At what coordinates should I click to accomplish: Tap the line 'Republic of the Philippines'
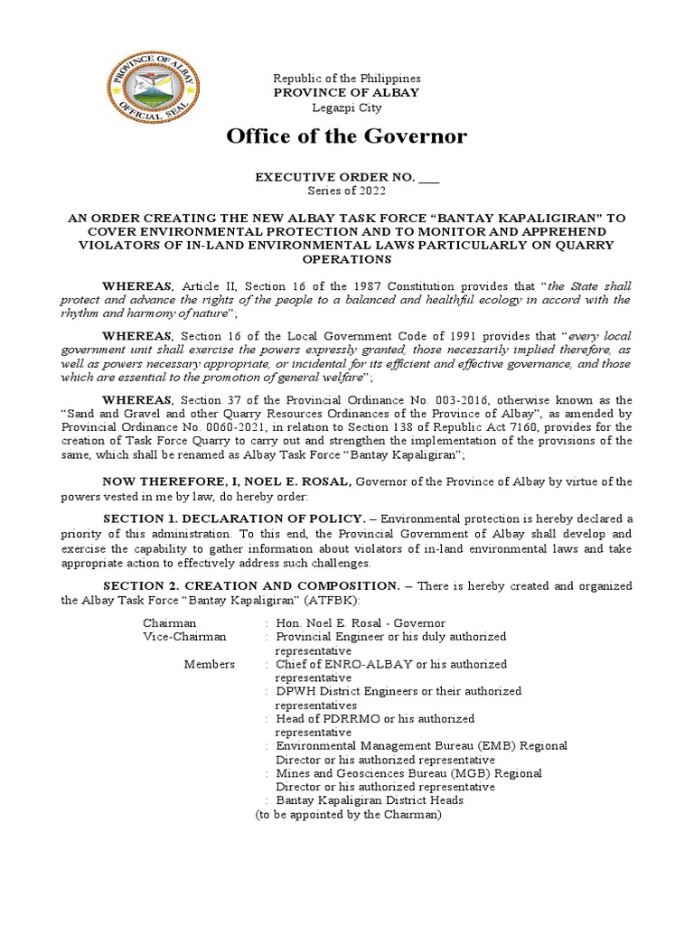tap(346, 79)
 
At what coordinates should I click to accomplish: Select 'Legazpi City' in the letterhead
tap(346, 107)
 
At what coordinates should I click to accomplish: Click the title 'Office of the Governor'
tap(346, 136)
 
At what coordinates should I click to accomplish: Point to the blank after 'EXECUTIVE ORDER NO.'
tap(430, 178)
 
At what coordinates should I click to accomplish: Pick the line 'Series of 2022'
tap(346, 192)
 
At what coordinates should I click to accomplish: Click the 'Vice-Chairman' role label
tap(184, 637)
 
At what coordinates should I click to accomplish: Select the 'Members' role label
tap(209, 664)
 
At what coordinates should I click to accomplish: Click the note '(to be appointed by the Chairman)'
tap(348, 814)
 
